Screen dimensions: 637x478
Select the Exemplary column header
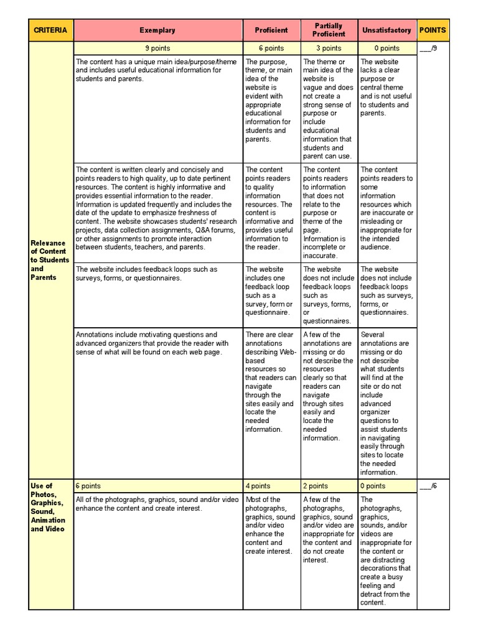[x=157, y=30]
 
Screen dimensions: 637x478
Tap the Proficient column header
[x=271, y=30]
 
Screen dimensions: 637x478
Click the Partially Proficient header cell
[x=329, y=30]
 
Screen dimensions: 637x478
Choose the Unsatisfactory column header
[x=387, y=30]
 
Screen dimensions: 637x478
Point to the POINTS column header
[x=433, y=30]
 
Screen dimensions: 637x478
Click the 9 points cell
[x=157, y=48]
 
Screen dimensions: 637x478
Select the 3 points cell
[x=329, y=48]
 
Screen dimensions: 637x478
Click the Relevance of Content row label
[x=50, y=260]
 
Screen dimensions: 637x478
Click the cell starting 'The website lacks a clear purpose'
[x=387, y=88]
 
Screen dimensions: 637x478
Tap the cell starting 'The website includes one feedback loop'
[x=271, y=291]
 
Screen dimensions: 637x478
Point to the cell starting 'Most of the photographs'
[x=271, y=525]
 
